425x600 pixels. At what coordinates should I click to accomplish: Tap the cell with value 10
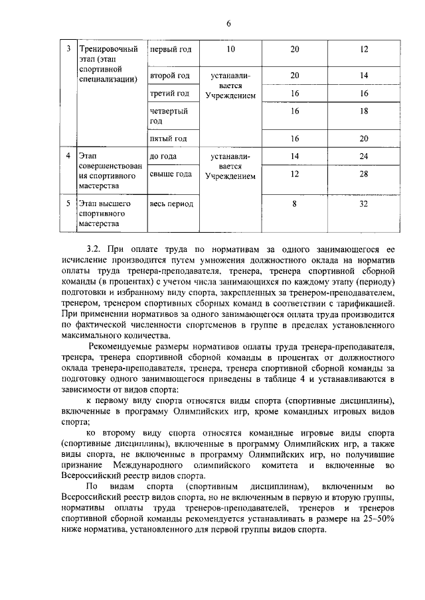click(230, 50)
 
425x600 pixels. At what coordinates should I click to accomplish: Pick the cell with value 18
click(364, 112)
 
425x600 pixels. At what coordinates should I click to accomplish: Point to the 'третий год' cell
click(170, 93)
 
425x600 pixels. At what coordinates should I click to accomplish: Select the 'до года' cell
click(163, 156)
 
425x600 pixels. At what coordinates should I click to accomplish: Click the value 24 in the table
click(364, 156)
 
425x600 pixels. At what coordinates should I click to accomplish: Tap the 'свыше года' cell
click(171, 174)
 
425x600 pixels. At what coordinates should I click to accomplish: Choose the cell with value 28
click(364, 174)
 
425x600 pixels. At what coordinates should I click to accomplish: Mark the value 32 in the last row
click(364, 204)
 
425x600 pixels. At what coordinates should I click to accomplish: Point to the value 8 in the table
click(294, 204)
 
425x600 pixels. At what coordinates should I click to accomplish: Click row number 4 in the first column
click(68, 156)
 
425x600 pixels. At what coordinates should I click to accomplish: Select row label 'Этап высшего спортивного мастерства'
click(102, 214)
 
